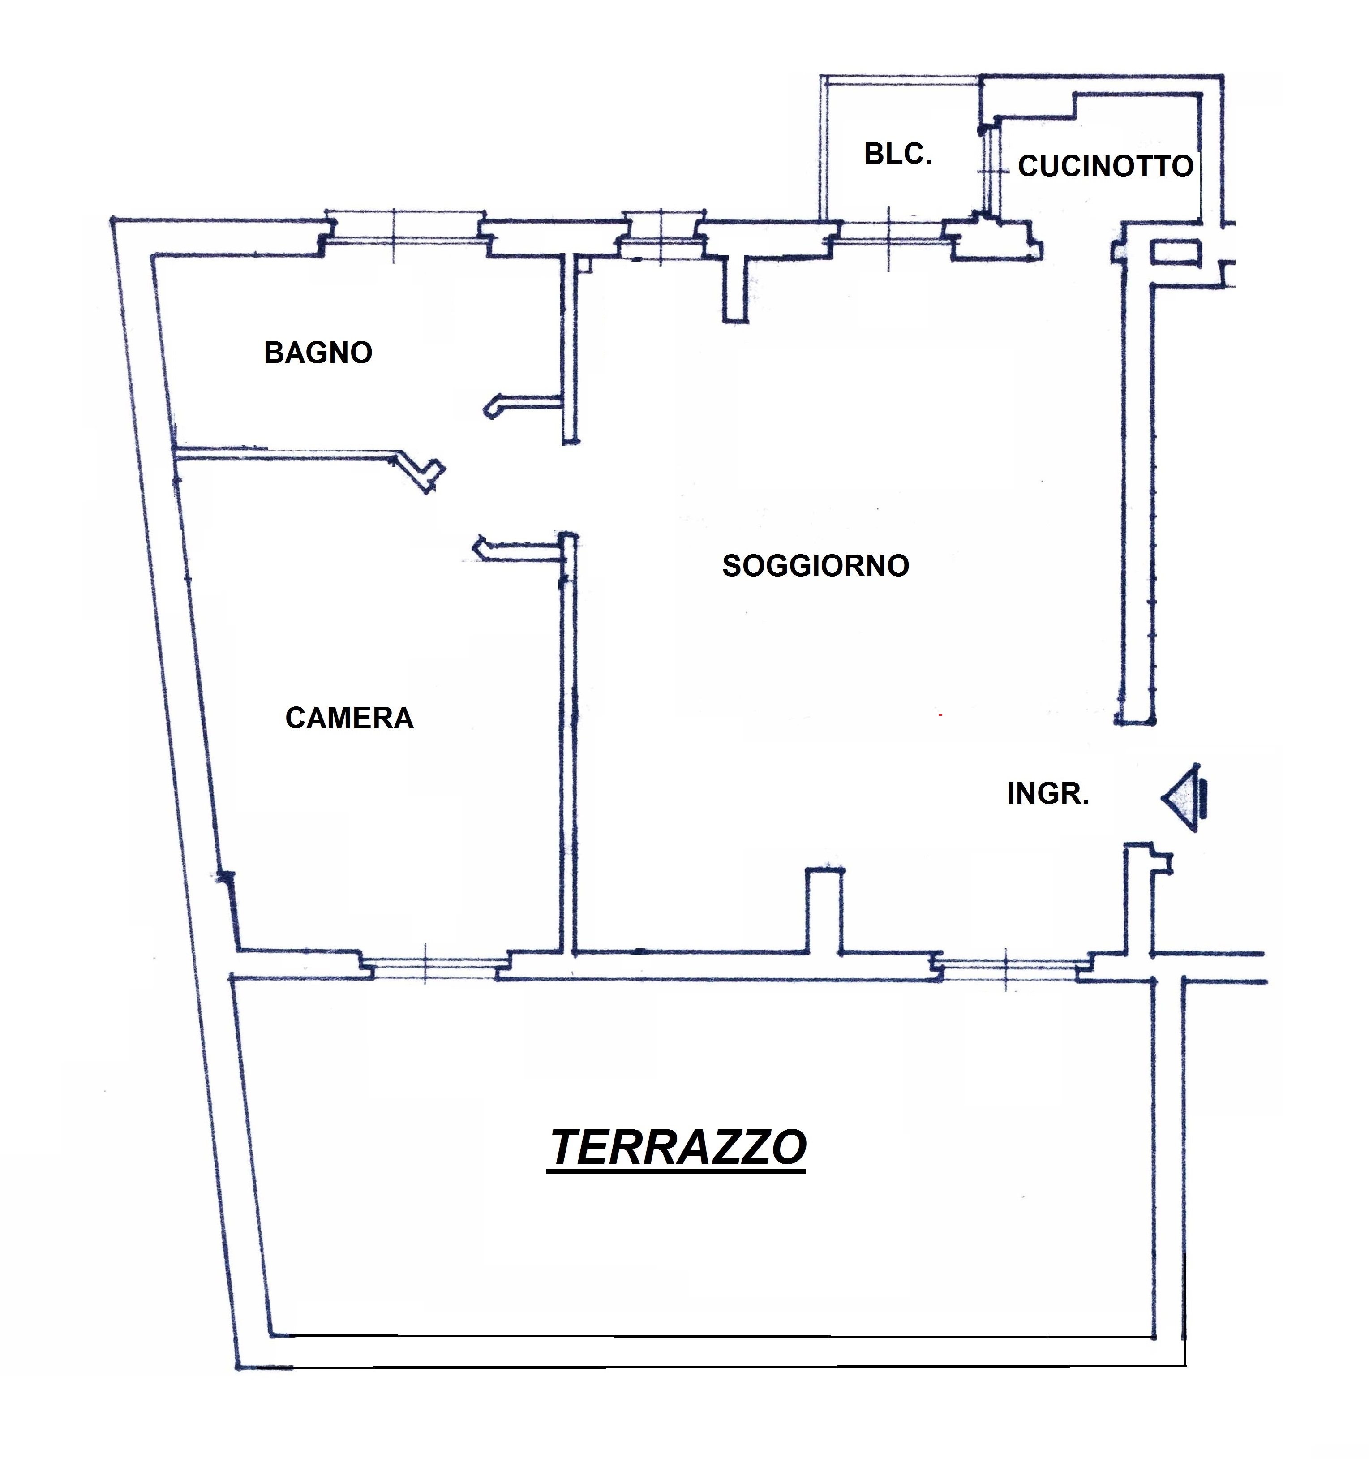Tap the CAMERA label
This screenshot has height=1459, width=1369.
pyautogui.click(x=349, y=718)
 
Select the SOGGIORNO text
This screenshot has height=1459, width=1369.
pyautogui.click(x=816, y=566)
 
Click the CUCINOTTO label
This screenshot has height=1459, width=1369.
pyautogui.click(x=1105, y=167)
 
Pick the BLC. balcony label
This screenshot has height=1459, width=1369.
pyautogui.click(x=898, y=154)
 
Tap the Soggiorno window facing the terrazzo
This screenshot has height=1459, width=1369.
pyautogui.click(x=1009, y=969)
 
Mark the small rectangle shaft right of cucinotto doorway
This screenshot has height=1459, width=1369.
pyautogui.click(x=1173, y=253)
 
